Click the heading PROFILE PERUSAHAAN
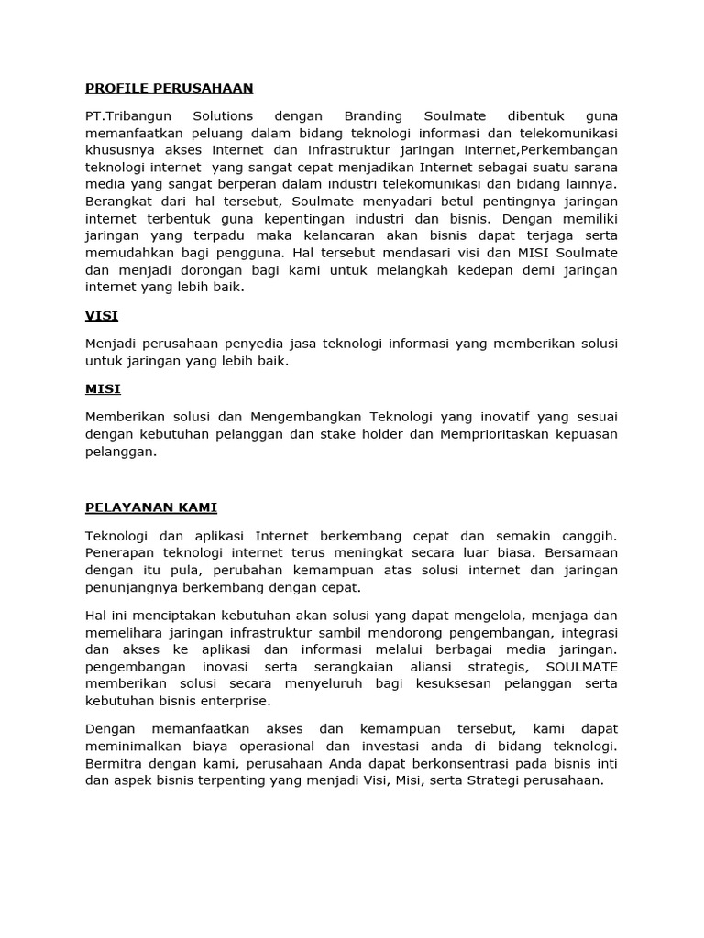click(x=169, y=89)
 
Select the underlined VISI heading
click(x=102, y=316)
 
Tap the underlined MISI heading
click(x=103, y=388)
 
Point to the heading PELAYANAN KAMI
click(x=150, y=507)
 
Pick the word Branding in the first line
click(x=372, y=116)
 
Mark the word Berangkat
click(x=118, y=202)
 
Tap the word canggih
click(x=586, y=535)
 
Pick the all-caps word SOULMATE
click(x=581, y=667)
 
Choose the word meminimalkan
click(x=129, y=746)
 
